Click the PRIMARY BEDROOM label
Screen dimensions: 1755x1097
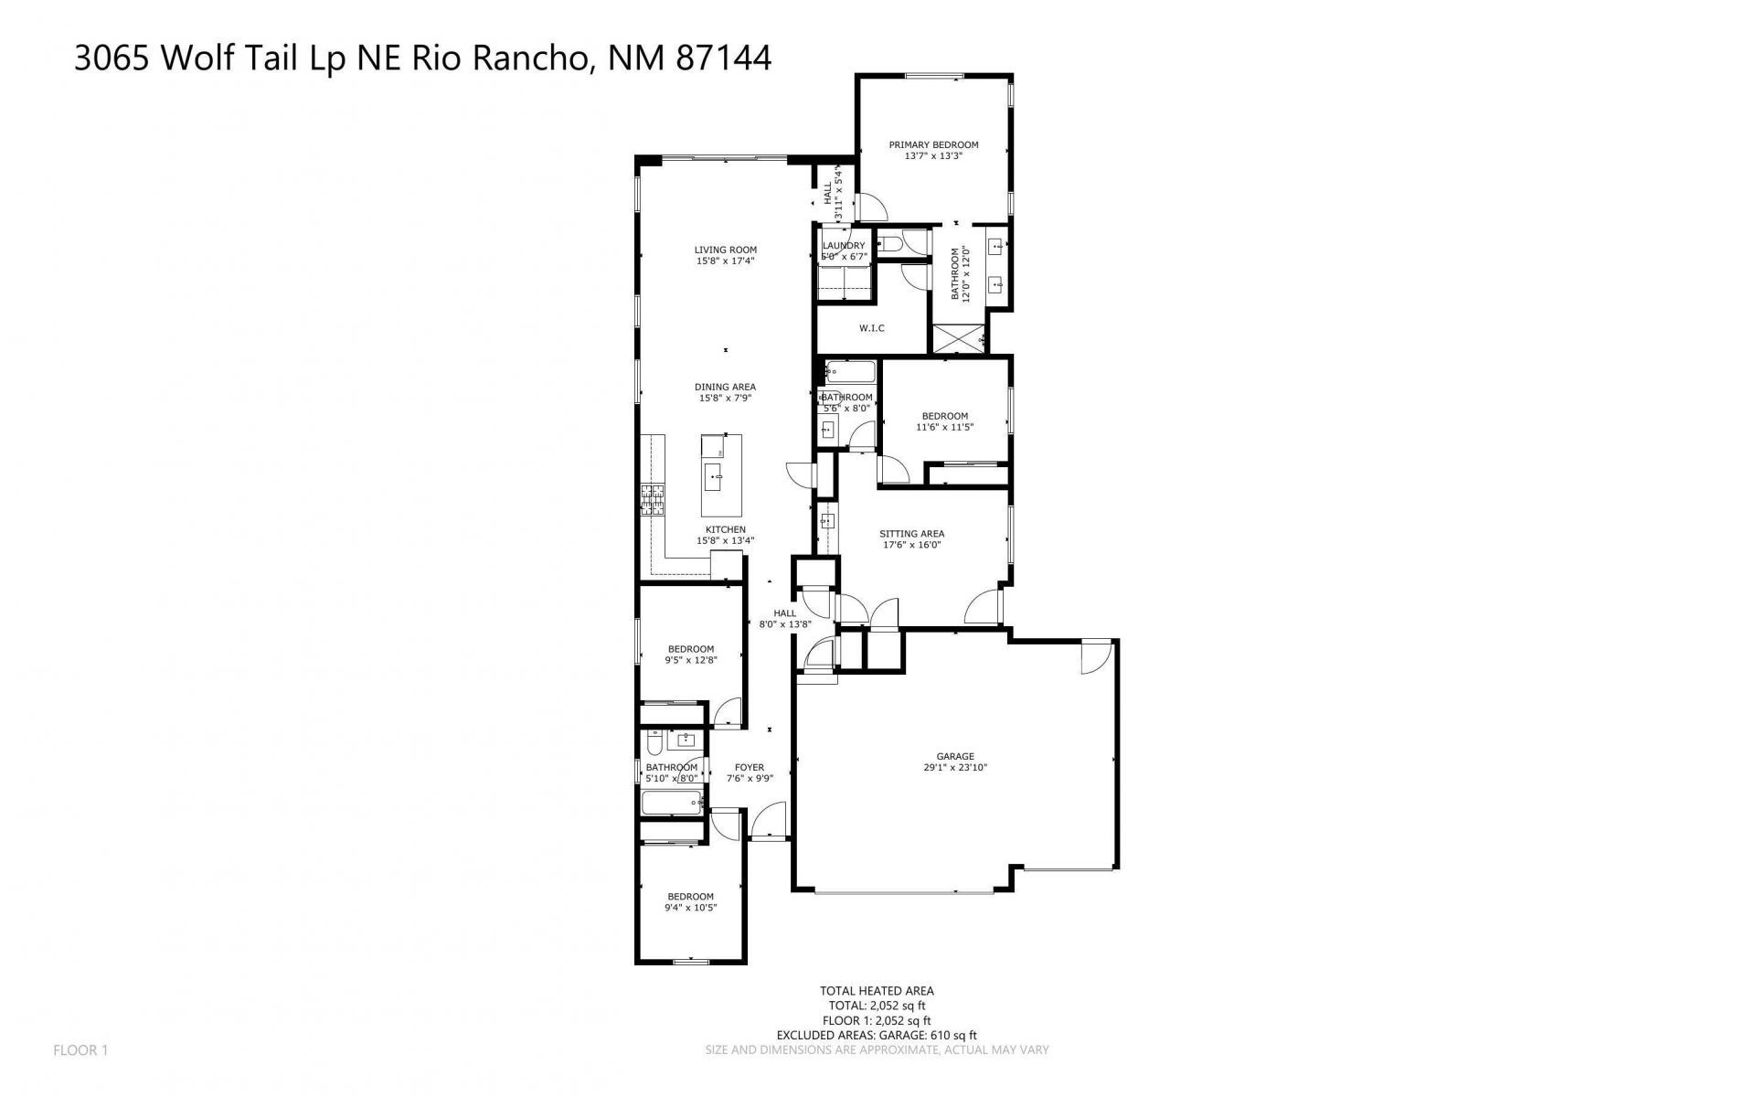pos(933,144)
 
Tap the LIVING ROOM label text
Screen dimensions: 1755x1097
pos(725,250)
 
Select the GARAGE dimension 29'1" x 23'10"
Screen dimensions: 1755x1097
pos(955,768)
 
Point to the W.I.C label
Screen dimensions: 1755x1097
pos(871,328)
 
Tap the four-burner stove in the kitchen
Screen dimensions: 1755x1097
pos(653,500)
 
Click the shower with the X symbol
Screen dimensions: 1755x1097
pos(958,338)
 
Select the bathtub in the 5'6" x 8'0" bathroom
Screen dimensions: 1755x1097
pos(850,372)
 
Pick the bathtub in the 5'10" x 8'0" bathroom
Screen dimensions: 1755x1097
pos(671,804)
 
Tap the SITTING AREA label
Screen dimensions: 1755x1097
pos(911,534)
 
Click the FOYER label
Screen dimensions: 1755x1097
pos(750,768)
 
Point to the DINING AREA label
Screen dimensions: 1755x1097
pos(726,387)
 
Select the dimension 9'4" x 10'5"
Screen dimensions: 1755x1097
pos(690,908)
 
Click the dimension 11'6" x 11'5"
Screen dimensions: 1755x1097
pos(945,427)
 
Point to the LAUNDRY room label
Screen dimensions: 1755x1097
pos(843,246)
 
